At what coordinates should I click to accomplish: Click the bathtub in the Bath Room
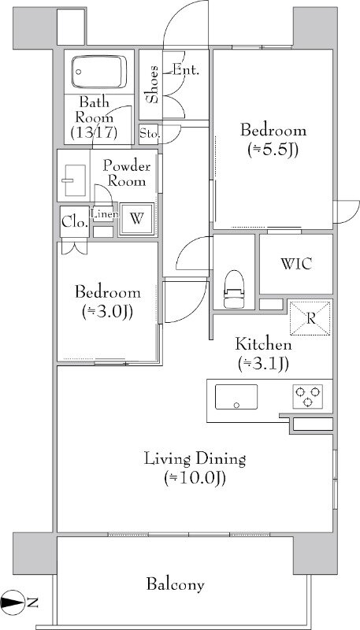tap(98, 72)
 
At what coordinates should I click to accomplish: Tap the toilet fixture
tap(234, 289)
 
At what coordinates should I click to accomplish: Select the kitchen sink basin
tap(236, 397)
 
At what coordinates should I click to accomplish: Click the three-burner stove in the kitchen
tap(308, 397)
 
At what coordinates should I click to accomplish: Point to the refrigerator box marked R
tap(310, 318)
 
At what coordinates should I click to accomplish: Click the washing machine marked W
tap(137, 219)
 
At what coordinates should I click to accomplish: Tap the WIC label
tap(296, 264)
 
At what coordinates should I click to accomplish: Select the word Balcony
tap(175, 584)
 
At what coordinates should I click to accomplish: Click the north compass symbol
tap(13, 602)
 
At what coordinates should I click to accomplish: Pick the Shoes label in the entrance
tap(152, 84)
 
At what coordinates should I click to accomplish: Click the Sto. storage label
tap(150, 134)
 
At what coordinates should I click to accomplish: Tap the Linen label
tap(105, 214)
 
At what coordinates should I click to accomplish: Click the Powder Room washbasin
tap(75, 180)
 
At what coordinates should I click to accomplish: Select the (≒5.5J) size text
tap(273, 150)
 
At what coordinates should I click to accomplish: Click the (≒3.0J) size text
tap(108, 311)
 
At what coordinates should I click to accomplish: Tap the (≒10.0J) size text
tap(195, 478)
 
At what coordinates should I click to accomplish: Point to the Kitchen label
tap(264, 345)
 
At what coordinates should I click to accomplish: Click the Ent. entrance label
tap(186, 70)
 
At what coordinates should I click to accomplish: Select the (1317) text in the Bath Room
tap(94, 132)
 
